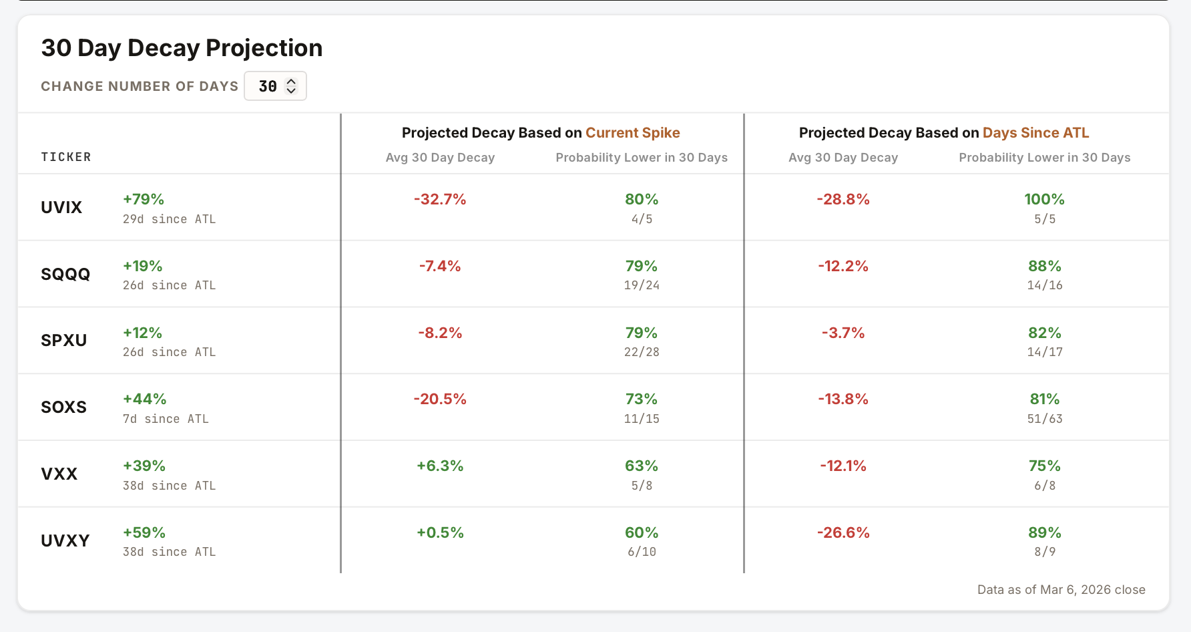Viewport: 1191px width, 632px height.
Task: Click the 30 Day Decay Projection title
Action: pos(182,48)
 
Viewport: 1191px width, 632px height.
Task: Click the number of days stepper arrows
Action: pos(291,86)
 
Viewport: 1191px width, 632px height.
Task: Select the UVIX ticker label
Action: pos(61,207)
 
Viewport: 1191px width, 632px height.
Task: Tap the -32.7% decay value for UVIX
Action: pos(440,199)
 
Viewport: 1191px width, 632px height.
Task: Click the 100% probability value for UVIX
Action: pos(1044,199)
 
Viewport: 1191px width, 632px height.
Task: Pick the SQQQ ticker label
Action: pos(65,274)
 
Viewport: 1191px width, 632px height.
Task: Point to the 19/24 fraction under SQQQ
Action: pos(642,285)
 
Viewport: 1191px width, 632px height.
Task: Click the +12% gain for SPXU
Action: pos(143,333)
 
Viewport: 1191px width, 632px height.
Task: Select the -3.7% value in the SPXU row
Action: pos(843,333)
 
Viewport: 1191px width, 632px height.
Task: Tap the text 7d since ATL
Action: pos(166,419)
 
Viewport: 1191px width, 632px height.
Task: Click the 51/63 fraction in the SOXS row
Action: pos(1044,419)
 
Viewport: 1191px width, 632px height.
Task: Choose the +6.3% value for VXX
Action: pos(440,466)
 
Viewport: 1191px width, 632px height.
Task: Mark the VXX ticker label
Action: pos(59,474)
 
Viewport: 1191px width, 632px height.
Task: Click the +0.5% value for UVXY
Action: pos(440,532)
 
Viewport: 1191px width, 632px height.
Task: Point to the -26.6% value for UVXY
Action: pos(843,532)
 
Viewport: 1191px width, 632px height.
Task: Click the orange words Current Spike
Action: pos(632,132)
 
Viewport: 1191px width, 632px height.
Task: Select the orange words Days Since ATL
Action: pos(1035,132)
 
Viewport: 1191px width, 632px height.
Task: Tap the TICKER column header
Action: pos(66,157)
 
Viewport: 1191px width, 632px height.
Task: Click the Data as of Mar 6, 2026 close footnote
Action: pos(1061,589)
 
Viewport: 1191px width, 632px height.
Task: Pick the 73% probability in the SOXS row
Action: pos(642,399)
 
